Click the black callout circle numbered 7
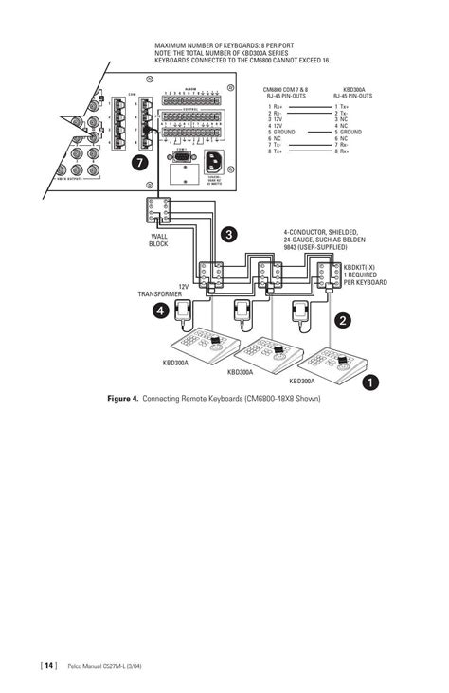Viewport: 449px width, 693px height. coord(140,163)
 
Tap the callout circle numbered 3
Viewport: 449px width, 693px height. coord(228,233)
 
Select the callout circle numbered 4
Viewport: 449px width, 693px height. coord(162,310)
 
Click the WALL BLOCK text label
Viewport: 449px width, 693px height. coord(158,241)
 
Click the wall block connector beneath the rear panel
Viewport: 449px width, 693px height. coord(158,210)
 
